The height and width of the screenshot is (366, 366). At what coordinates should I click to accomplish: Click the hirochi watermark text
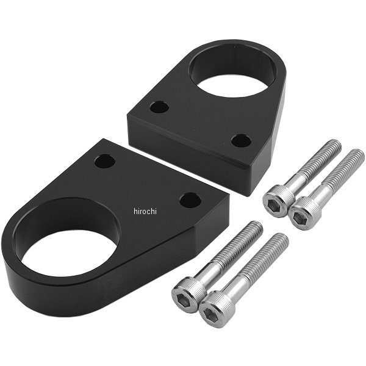click(x=145, y=211)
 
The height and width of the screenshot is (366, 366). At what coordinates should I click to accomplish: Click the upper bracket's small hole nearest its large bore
click(x=159, y=107)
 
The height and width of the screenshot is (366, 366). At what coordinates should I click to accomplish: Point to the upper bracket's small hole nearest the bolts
click(x=241, y=140)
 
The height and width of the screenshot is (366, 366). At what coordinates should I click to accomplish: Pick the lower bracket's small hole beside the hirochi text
click(x=190, y=200)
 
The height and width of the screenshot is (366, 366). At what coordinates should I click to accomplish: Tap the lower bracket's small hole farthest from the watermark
click(x=105, y=161)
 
